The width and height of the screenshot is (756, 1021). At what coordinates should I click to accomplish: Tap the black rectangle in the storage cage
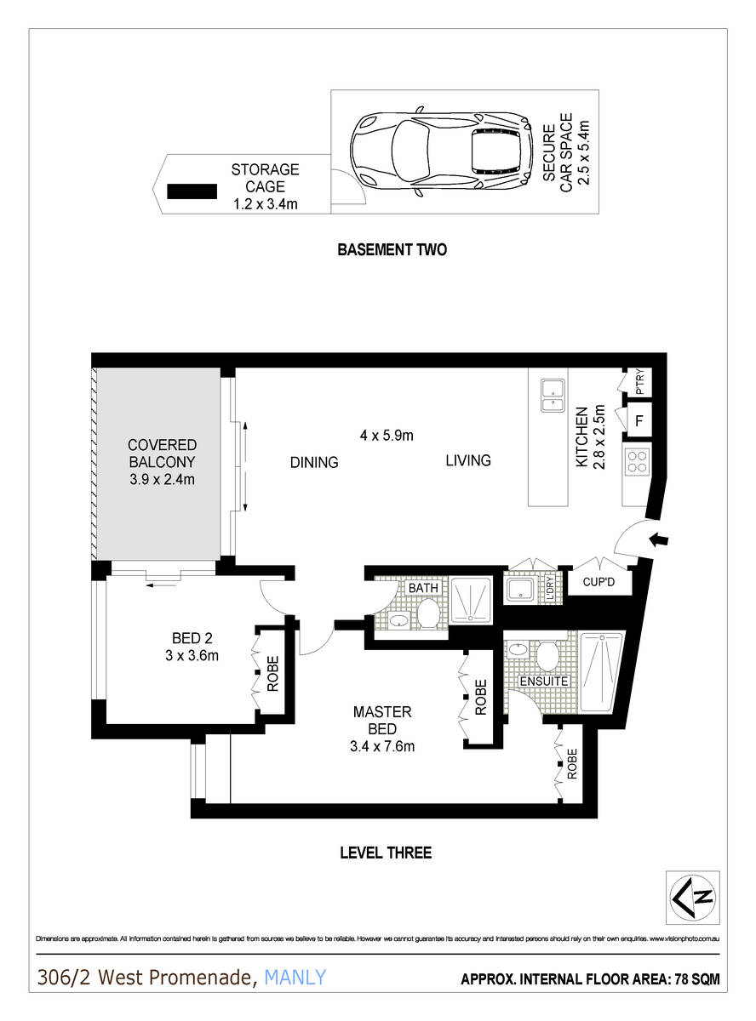[192, 192]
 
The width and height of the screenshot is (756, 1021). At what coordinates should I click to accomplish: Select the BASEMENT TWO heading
[392, 250]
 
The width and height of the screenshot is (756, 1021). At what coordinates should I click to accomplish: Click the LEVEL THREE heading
[386, 853]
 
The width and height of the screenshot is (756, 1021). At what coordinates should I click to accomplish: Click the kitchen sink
[553, 395]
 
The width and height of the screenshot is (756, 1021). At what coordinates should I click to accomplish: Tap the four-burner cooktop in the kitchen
[638, 461]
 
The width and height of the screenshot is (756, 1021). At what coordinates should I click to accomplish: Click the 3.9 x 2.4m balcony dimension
[162, 480]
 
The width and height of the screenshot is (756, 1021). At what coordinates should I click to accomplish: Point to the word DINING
[314, 463]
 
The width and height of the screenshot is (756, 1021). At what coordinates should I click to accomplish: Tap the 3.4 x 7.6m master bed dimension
[383, 747]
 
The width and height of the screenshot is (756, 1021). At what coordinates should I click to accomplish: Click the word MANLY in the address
[295, 978]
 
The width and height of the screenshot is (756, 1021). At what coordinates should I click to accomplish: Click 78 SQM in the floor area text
[696, 980]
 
